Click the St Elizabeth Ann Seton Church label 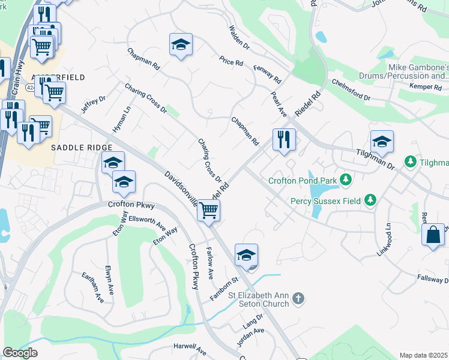pyautogui.click(x=259, y=299)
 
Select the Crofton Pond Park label pyautogui.click(x=309, y=179)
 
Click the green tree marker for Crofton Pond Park pyautogui.click(x=345, y=179)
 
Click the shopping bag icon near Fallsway pyautogui.click(x=432, y=235)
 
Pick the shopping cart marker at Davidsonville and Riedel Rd pyautogui.click(x=208, y=211)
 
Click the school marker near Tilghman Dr pyautogui.click(x=382, y=142)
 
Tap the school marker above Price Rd pyautogui.click(x=181, y=44)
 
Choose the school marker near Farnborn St pyautogui.click(x=246, y=255)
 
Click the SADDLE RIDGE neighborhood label pyautogui.click(x=82, y=148)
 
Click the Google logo pyautogui.click(x=20, y=353)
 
